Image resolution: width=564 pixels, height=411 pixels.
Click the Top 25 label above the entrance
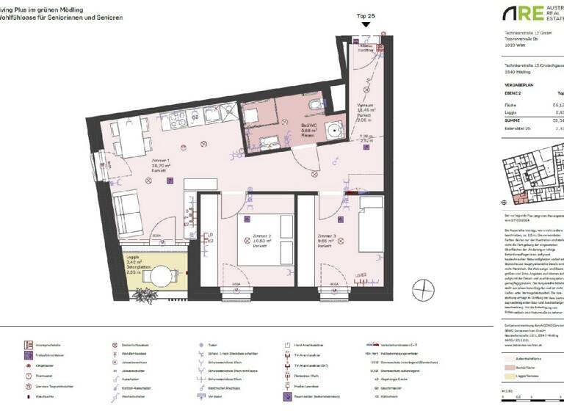pyautogui.click(x=366, y=15)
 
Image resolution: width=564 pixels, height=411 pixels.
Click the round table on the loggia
pyautogui.click(x=160, y=277)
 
